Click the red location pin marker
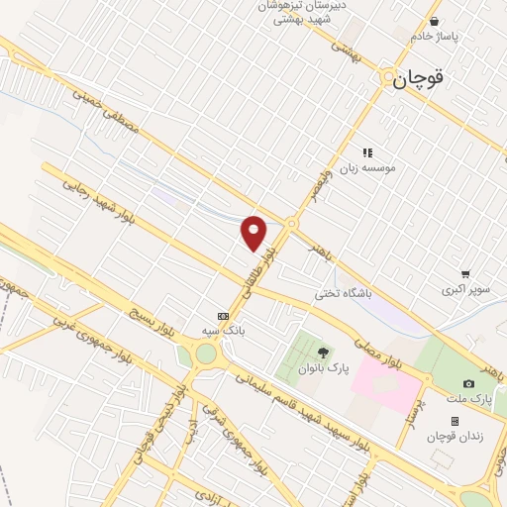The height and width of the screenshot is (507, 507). (x=254, y=232)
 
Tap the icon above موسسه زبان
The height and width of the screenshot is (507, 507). (x=367, y=152)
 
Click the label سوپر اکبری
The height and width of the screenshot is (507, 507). (x=465, y=291)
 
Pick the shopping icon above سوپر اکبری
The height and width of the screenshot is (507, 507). (x=464, y=274)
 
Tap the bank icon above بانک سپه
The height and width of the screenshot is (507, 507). (x=223, y=315)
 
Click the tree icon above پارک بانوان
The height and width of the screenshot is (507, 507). (x=321, y=352)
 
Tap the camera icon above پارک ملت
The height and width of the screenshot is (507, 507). (x=468, y=383)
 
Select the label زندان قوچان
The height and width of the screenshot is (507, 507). (x=454, y=437)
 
